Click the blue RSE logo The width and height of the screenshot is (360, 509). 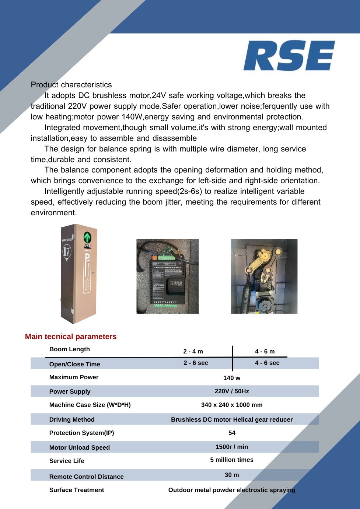click(x=289, y=56)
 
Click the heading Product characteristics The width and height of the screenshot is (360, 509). click(x=71, y=85)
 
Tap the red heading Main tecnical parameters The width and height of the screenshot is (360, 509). click(x=71, y=337)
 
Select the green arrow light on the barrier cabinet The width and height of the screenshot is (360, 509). click(x=87, y=237)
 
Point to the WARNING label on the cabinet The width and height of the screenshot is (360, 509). click(x=67, y=240)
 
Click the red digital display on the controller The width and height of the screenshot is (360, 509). click(x=176, y=283)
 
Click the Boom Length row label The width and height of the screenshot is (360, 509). click(x=70, y=349)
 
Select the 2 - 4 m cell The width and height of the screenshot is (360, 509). click(x=193, y=351)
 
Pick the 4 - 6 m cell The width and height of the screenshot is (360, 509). click(x=265, y=351)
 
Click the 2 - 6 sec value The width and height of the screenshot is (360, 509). click(x=196, y=363)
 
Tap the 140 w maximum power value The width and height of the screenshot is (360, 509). click(x=232, y=378)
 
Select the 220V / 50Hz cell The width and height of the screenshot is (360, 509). click(x=232, y=391)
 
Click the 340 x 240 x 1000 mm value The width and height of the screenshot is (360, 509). click(x=232, y=405)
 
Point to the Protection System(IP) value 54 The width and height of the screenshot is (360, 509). click(x=232, y=433)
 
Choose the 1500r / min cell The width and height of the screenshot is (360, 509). click(x=232, y=447)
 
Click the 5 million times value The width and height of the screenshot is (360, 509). click(x=232, y=460)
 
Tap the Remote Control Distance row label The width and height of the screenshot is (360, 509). click(x=87, y=477)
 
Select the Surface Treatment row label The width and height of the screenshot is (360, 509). click(x=77, y=490)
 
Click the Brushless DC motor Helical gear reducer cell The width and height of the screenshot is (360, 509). click(x=232, y=419)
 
